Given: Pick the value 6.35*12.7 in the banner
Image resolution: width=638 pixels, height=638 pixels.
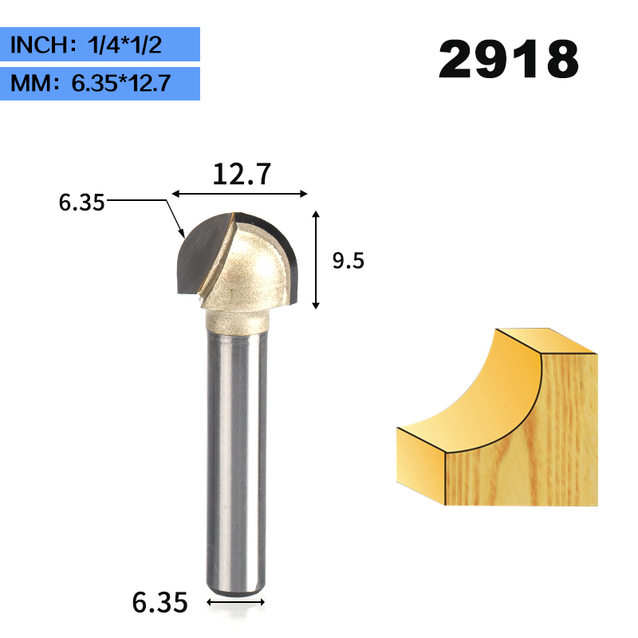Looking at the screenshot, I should coord(120,83).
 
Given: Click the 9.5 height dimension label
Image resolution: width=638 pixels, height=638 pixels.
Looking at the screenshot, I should coord(348,261).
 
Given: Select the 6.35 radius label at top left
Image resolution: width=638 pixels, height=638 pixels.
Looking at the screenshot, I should coord(81,203).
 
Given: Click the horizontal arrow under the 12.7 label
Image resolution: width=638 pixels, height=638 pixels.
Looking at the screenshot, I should coord(239,194).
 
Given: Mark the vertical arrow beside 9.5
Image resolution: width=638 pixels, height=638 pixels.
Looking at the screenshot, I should coord(317,259).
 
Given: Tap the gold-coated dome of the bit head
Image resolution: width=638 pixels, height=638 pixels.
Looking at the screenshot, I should coord(251,271).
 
